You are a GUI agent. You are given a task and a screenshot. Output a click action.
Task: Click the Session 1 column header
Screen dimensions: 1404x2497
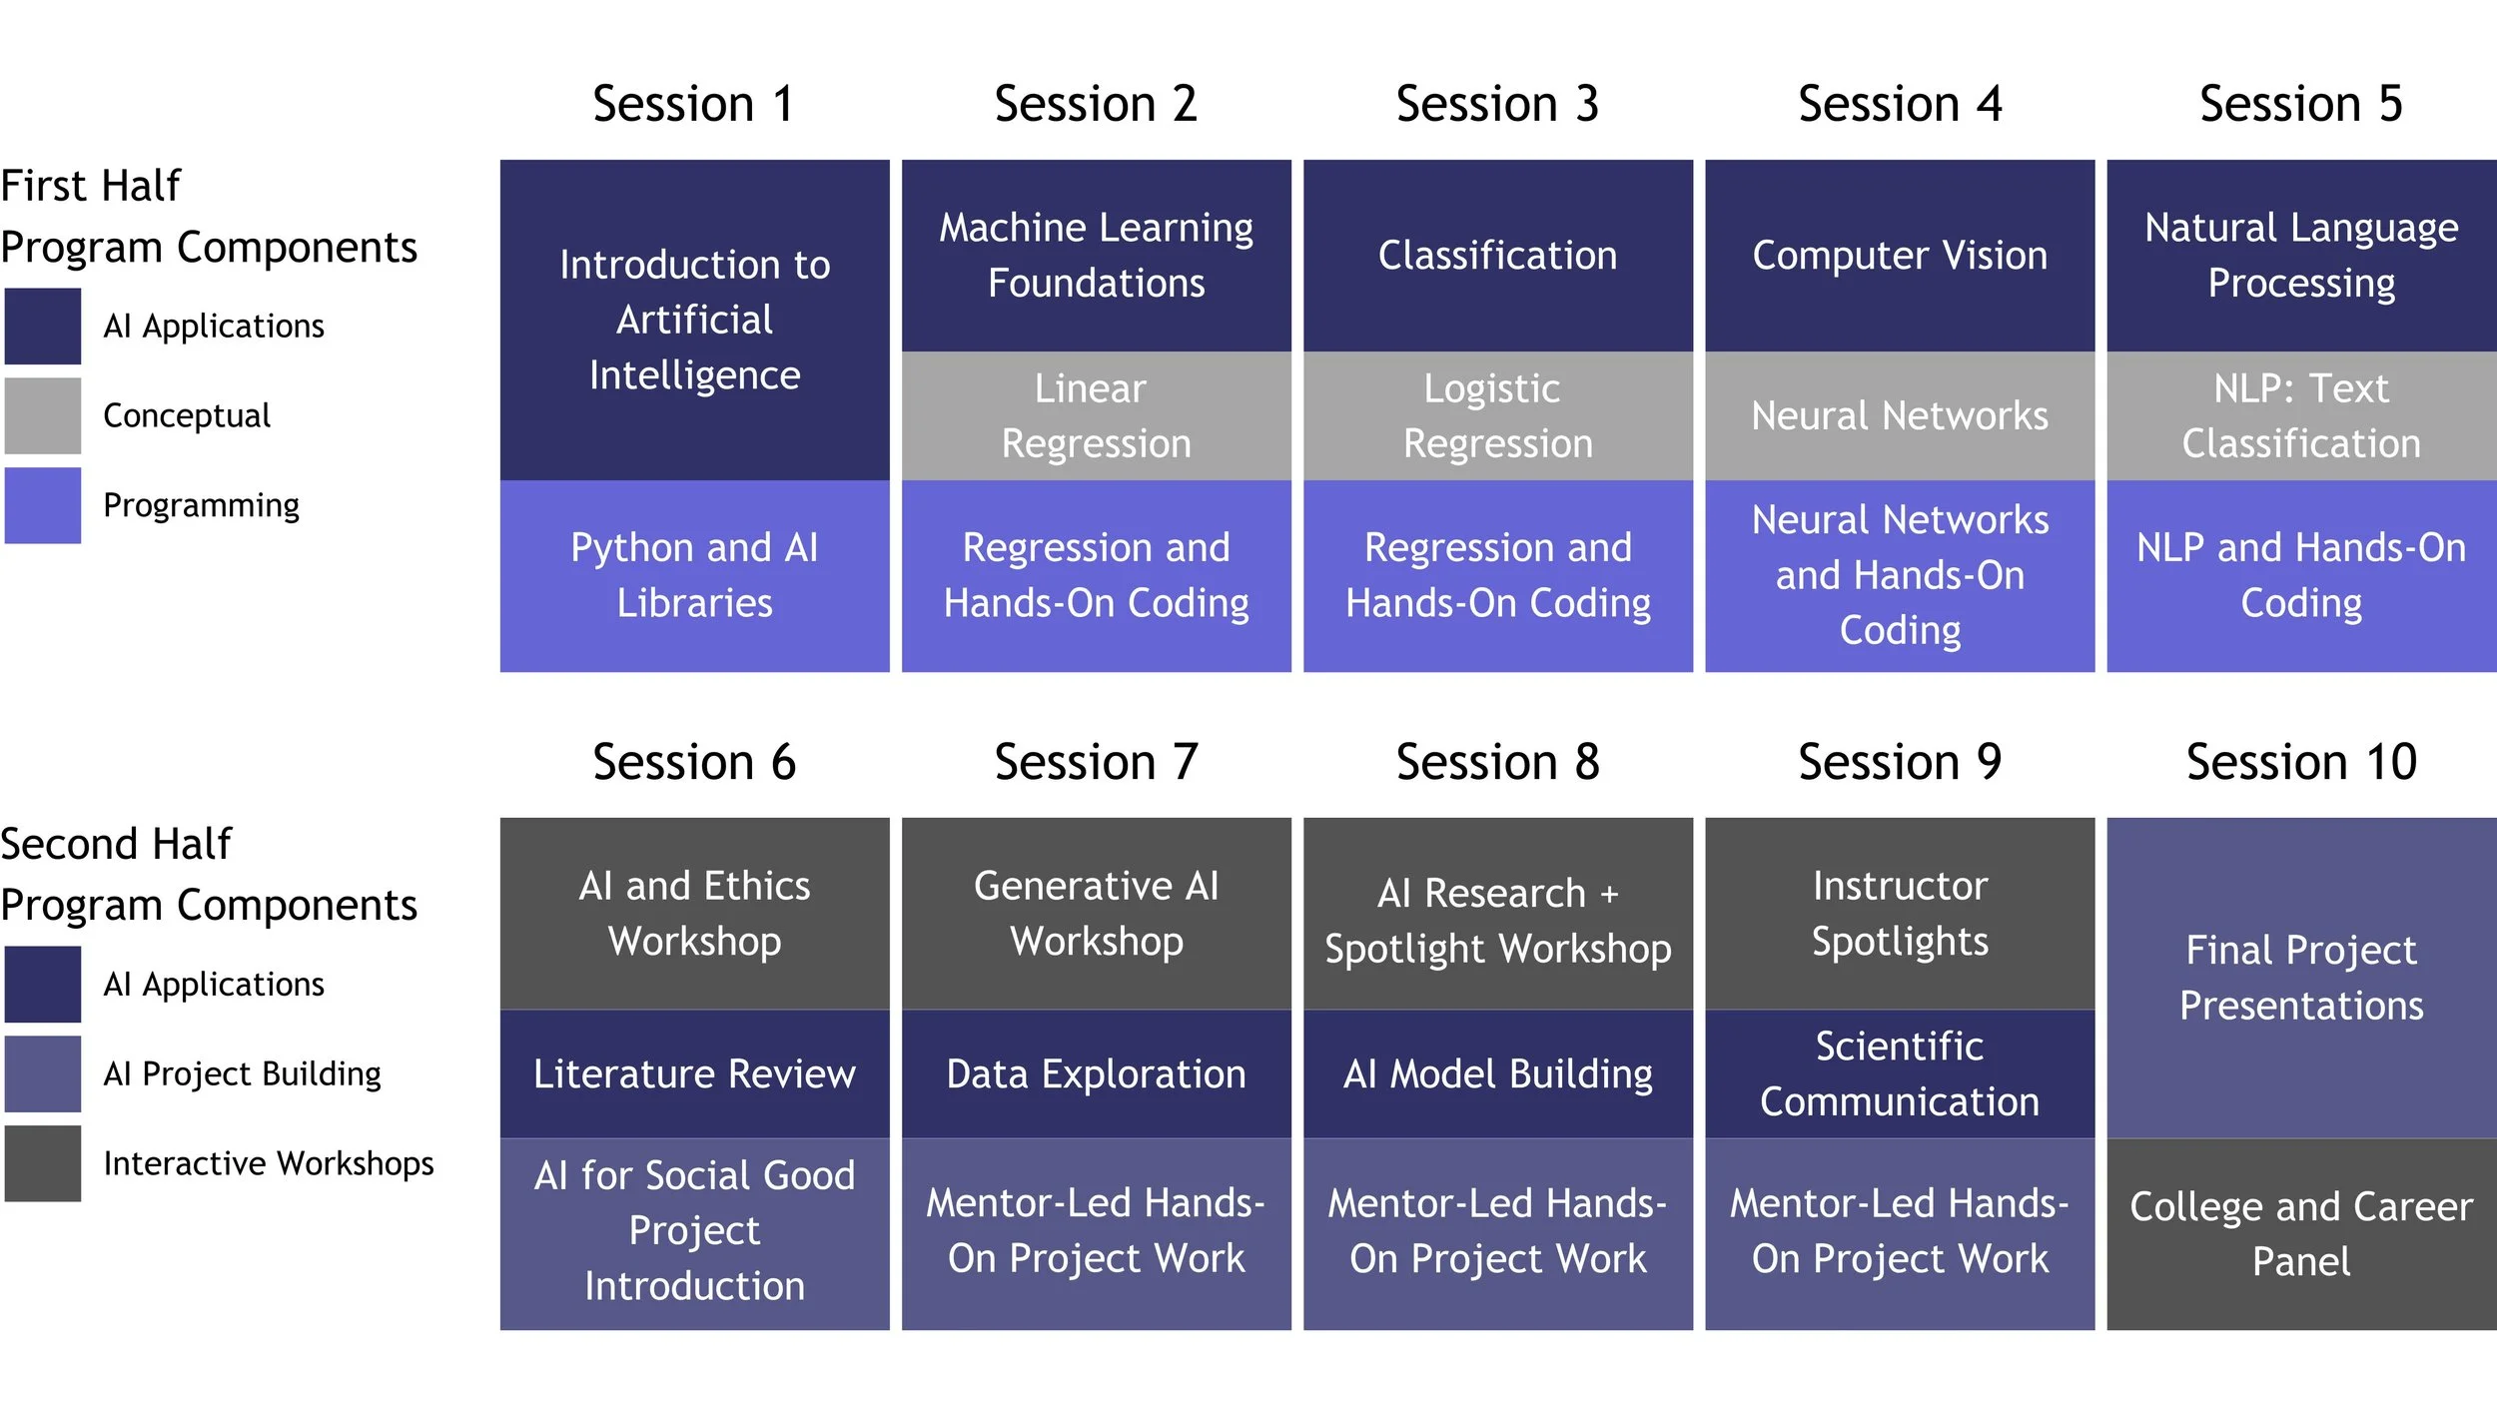click(x=694, y=104)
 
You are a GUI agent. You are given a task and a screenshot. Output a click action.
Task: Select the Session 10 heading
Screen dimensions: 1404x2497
click(x=2301, y=762)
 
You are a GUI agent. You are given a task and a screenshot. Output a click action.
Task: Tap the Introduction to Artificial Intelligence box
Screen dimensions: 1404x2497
click(x=694, y=320)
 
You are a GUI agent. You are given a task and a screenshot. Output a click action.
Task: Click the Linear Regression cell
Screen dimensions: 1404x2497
click(x=1096, y=415)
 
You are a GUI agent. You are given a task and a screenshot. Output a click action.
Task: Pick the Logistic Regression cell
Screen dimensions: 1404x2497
click(x=1497, y=415)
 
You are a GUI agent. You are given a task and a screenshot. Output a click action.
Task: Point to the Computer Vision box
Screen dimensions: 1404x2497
click(x=1899, y=256)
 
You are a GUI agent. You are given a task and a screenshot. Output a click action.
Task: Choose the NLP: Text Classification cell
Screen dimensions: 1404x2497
click(x=2301, y=415)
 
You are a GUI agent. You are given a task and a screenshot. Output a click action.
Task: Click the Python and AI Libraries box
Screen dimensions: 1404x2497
click(x=694, y=575)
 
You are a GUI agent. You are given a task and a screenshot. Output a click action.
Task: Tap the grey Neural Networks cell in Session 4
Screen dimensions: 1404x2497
click(x=1899, y=415)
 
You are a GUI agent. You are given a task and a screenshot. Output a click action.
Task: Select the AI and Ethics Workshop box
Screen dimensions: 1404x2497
click(x=694, y=913)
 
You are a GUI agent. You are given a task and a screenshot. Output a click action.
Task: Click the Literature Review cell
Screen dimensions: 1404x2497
click(x=694, y=1073)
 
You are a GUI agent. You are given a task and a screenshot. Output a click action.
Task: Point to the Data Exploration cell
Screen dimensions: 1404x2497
click(x=1096, y=1073)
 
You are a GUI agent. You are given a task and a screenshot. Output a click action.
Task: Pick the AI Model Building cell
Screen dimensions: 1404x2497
click(x=1497, y=1073)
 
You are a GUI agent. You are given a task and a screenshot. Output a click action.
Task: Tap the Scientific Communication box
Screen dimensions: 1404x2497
click(x=1899, y=1073)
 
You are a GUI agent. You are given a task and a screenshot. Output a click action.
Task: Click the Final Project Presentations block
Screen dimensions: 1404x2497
click(x=2301, y=977)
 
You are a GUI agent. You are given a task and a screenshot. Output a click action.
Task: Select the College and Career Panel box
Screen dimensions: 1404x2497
click(x=2301, y=1233)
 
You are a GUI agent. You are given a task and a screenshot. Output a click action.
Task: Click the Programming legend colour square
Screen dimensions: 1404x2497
click(x=42, y=505)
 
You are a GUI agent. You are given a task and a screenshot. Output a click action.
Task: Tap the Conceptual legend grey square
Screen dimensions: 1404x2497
click(x=42, y=415)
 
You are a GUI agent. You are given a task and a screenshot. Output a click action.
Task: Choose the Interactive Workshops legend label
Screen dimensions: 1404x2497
click(x=269, y=1163)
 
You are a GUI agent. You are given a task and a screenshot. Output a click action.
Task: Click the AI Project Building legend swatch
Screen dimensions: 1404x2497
click(x=42, y=1073)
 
